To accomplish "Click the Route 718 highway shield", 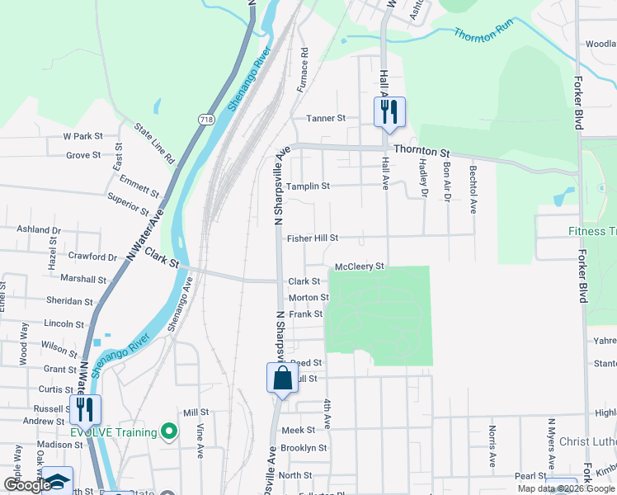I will point(204,120).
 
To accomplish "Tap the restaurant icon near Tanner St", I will point(389,111).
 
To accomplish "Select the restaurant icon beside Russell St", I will point(85,408).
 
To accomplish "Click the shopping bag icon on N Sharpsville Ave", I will point(282,379).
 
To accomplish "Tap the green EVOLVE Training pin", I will point(169,431).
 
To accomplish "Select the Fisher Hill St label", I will point(313,238).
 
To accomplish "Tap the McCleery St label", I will point(360,266).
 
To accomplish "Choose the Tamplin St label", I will point(308,186).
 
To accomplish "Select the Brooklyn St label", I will point(304,448).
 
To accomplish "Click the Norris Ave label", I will point(492,445).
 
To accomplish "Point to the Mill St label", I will point(196,412).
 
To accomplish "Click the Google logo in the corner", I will point(29,485).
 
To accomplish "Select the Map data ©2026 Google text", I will point(565,488).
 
